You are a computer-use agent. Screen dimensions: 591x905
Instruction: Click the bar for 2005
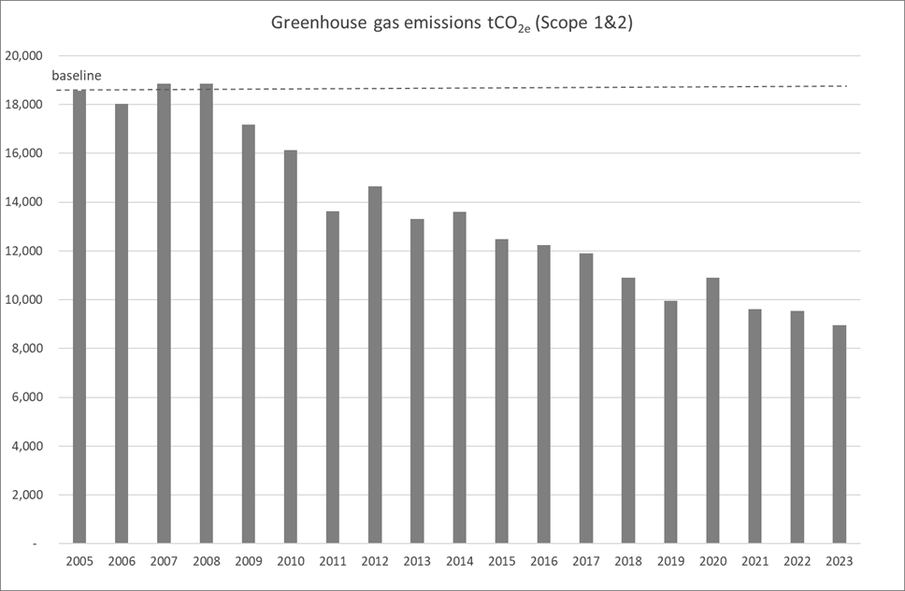[79, 318]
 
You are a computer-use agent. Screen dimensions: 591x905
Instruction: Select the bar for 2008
[206, 313]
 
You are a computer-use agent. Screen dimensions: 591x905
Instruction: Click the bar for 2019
[670, 422]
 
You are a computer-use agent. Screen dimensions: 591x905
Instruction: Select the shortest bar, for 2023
[840, 434]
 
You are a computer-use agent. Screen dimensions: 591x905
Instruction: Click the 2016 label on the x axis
[543, 560]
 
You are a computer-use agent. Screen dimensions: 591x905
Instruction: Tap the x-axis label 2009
[248, 560]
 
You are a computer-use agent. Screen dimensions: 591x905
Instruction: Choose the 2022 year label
[797, 560]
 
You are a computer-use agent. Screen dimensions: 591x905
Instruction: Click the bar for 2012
[375, 365]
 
